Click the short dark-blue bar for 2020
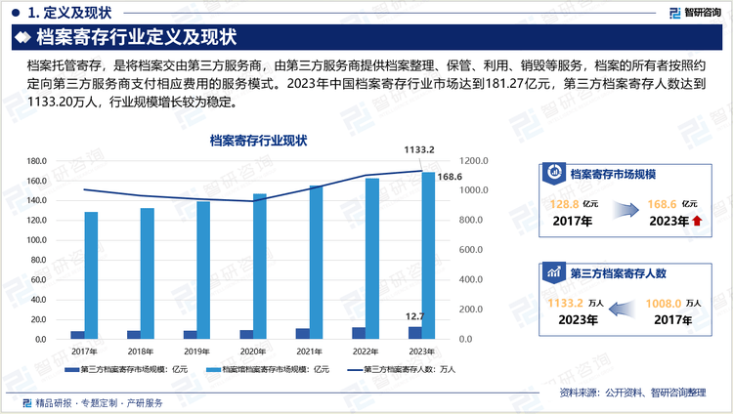pos(246,335)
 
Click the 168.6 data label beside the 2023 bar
pos(450,177)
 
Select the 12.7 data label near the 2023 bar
pos(414,316)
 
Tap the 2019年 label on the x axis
pos(196,351)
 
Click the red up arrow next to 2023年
pos(696,222)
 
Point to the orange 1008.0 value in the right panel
pos(665,304)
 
